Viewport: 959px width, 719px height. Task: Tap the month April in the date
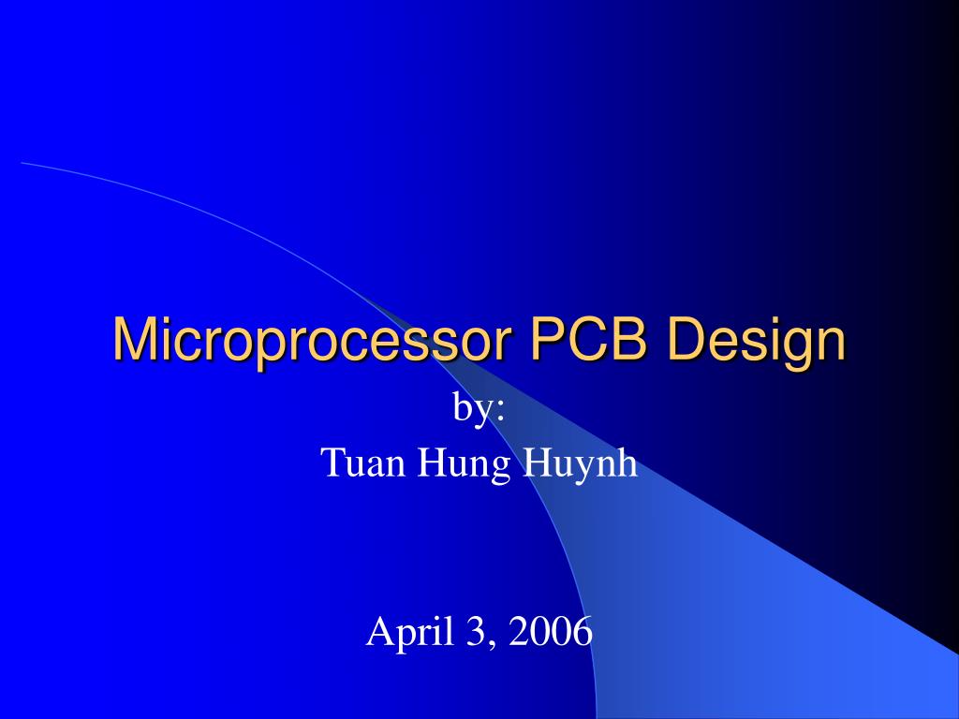(404, 633)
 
